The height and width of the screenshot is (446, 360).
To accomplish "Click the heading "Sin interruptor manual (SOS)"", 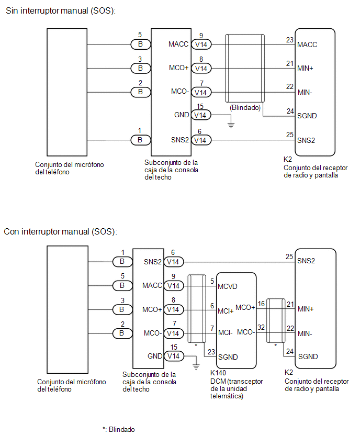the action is (61, 11).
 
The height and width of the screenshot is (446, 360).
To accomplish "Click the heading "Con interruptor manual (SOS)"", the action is (60, 231).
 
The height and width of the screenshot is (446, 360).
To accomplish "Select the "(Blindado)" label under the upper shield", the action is (245, 107).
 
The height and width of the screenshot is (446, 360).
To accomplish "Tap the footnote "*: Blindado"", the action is (119, 429).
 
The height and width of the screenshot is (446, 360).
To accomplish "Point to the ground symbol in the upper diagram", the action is (231, 125).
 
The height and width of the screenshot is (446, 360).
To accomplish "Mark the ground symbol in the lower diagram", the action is (196, 366).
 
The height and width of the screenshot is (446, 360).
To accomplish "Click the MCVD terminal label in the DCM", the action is (228, 286).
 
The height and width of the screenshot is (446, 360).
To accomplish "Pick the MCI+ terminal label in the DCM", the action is (226, 311).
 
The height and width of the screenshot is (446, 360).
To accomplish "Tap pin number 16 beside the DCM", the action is (261, 304).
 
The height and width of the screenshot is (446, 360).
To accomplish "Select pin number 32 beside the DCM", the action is (261, 327).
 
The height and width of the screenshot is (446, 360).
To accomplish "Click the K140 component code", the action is (218, 373).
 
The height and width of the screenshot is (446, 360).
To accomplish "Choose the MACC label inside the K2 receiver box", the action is (307, 44).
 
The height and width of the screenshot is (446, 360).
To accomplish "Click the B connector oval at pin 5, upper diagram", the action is (140, 44).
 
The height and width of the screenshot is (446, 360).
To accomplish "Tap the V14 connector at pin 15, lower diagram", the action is (174, 356).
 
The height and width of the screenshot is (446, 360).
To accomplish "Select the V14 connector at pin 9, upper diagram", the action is (201, 44).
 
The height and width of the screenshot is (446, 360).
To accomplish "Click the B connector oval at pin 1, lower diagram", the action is (122, 262).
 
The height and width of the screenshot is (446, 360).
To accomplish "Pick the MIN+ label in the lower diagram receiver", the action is (306, 309).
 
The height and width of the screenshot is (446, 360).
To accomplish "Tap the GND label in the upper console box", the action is (182, 115).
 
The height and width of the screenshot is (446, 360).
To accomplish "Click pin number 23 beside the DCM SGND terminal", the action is (211, 352).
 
